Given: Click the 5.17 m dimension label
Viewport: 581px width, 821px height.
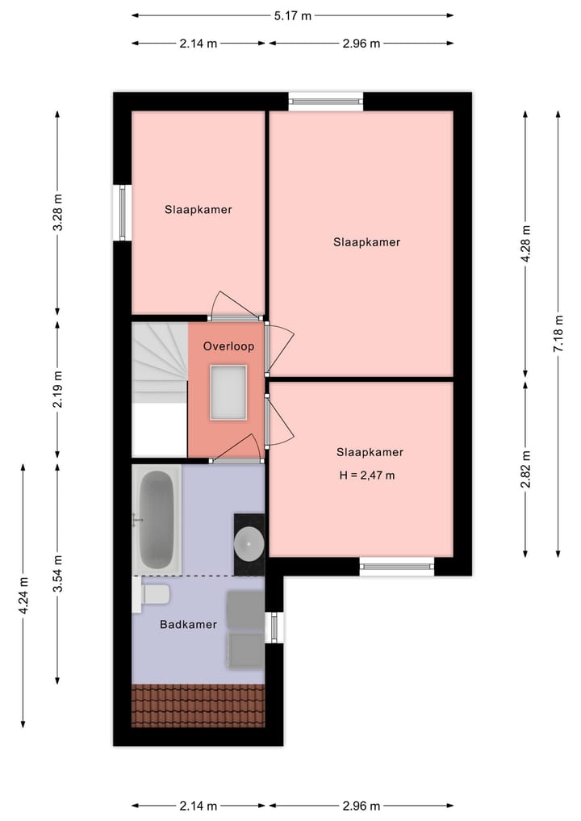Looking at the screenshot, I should tap(291, 15).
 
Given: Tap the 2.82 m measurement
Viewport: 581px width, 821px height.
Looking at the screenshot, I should tap(525, 469).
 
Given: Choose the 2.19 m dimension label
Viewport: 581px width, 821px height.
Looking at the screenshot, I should tap(57, 389).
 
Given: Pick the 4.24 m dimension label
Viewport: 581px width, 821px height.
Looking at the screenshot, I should tap(23, 595).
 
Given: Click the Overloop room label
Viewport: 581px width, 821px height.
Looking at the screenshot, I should tap(228, 346).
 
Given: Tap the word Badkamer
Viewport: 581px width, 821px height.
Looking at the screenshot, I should tap(188, 624).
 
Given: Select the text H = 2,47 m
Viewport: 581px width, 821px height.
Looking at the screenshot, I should tap(367, 475).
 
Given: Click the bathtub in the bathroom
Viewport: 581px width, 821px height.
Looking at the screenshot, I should tap(157, 519).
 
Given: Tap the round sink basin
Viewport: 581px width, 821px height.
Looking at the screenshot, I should tap(249, 544).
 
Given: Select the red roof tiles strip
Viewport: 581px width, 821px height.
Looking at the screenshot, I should tap(198, 705).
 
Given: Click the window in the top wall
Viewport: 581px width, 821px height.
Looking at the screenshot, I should tap(326, 102).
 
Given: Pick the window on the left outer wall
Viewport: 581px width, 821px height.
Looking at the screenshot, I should tap(123, 213).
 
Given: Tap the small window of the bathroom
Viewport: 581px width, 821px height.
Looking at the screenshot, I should tap(274, 627).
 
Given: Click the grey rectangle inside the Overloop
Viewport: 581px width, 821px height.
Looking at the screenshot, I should tap(228, 392).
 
